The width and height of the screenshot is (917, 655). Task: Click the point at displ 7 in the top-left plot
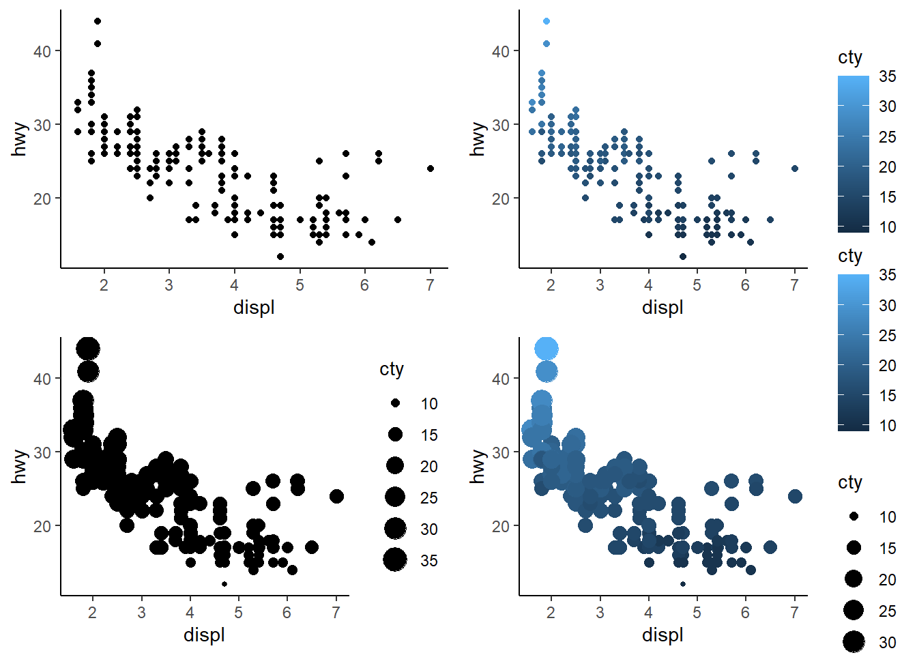[x=430, y=169]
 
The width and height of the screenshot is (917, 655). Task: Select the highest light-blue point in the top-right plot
[x=547, y=21]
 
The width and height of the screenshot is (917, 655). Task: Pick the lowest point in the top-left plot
[x=280, y=257]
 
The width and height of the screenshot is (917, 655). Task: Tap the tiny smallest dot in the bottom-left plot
[x=224, y=584]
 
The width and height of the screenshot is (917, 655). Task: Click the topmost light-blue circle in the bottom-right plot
[x=547, y=349]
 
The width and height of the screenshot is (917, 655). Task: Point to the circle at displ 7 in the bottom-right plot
[x=795, y=496]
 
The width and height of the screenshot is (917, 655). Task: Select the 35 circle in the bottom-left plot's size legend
[x=395, y=560]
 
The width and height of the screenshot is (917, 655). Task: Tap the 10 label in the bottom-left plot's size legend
[x=429, y=404]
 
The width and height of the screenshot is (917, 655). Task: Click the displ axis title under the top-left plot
[x=254, y=308]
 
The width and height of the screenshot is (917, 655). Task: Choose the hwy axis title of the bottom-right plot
[x=478, y=466]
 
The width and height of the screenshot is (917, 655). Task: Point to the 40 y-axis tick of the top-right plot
[x=501, y=51]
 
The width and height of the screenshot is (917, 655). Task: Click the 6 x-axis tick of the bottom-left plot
[x=287, y=613]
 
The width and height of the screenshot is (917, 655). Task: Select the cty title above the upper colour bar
[x=850, y=58]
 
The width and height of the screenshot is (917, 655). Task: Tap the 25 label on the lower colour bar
[x=888, y=335]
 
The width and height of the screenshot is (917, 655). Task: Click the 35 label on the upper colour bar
[x=888, y=76]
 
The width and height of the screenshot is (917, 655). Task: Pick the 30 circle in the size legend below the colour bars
[x=854, y=641]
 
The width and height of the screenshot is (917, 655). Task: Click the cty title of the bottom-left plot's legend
[x=392, y=369]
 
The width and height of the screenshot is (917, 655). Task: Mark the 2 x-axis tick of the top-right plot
[x=551, y=285]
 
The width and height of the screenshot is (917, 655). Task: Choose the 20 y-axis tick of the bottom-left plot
[x=42, y=526]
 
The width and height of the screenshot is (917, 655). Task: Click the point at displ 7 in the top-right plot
[x=795, y=169]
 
